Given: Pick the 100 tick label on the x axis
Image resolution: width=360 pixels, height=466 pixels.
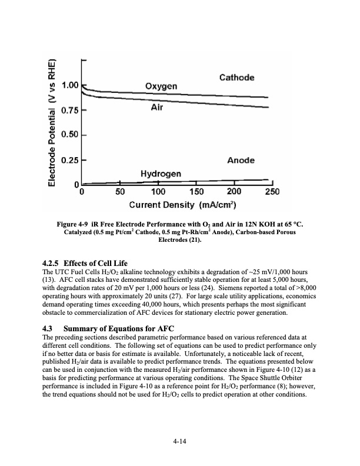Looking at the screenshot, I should coord(158,192).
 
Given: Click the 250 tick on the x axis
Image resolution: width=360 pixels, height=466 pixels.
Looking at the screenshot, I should coord(272,192).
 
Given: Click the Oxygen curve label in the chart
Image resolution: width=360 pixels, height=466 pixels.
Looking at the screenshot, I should coord(161,86).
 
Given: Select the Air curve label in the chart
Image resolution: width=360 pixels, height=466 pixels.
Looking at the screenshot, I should coord(158,108).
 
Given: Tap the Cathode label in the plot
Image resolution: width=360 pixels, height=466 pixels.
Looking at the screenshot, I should coord(236,78).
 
